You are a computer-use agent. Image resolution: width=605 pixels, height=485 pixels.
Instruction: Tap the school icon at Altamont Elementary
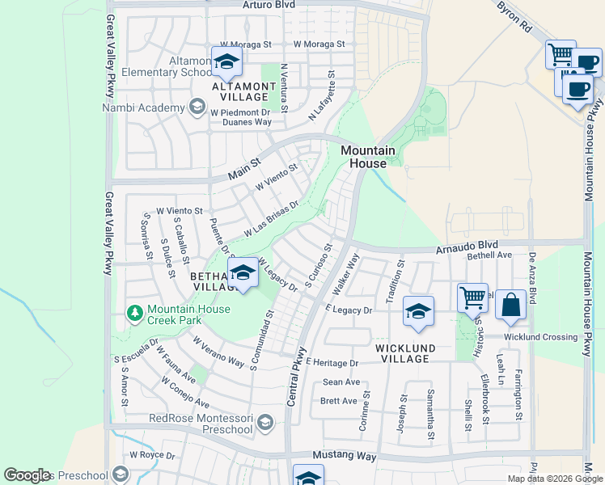227,61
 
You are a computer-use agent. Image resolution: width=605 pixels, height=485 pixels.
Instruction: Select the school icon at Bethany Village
243,272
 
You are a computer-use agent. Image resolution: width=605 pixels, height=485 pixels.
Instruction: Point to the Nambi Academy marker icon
197,107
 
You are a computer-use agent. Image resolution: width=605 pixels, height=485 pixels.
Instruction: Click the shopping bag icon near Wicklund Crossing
510,305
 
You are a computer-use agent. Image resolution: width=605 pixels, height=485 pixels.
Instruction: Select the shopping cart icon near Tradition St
472,297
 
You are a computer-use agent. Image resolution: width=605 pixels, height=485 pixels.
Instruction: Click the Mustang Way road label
345,457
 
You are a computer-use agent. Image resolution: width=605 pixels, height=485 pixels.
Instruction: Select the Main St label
244,168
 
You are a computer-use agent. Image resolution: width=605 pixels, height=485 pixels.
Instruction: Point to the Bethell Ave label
490,255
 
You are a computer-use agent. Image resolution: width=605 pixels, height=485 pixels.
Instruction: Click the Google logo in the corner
27,475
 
